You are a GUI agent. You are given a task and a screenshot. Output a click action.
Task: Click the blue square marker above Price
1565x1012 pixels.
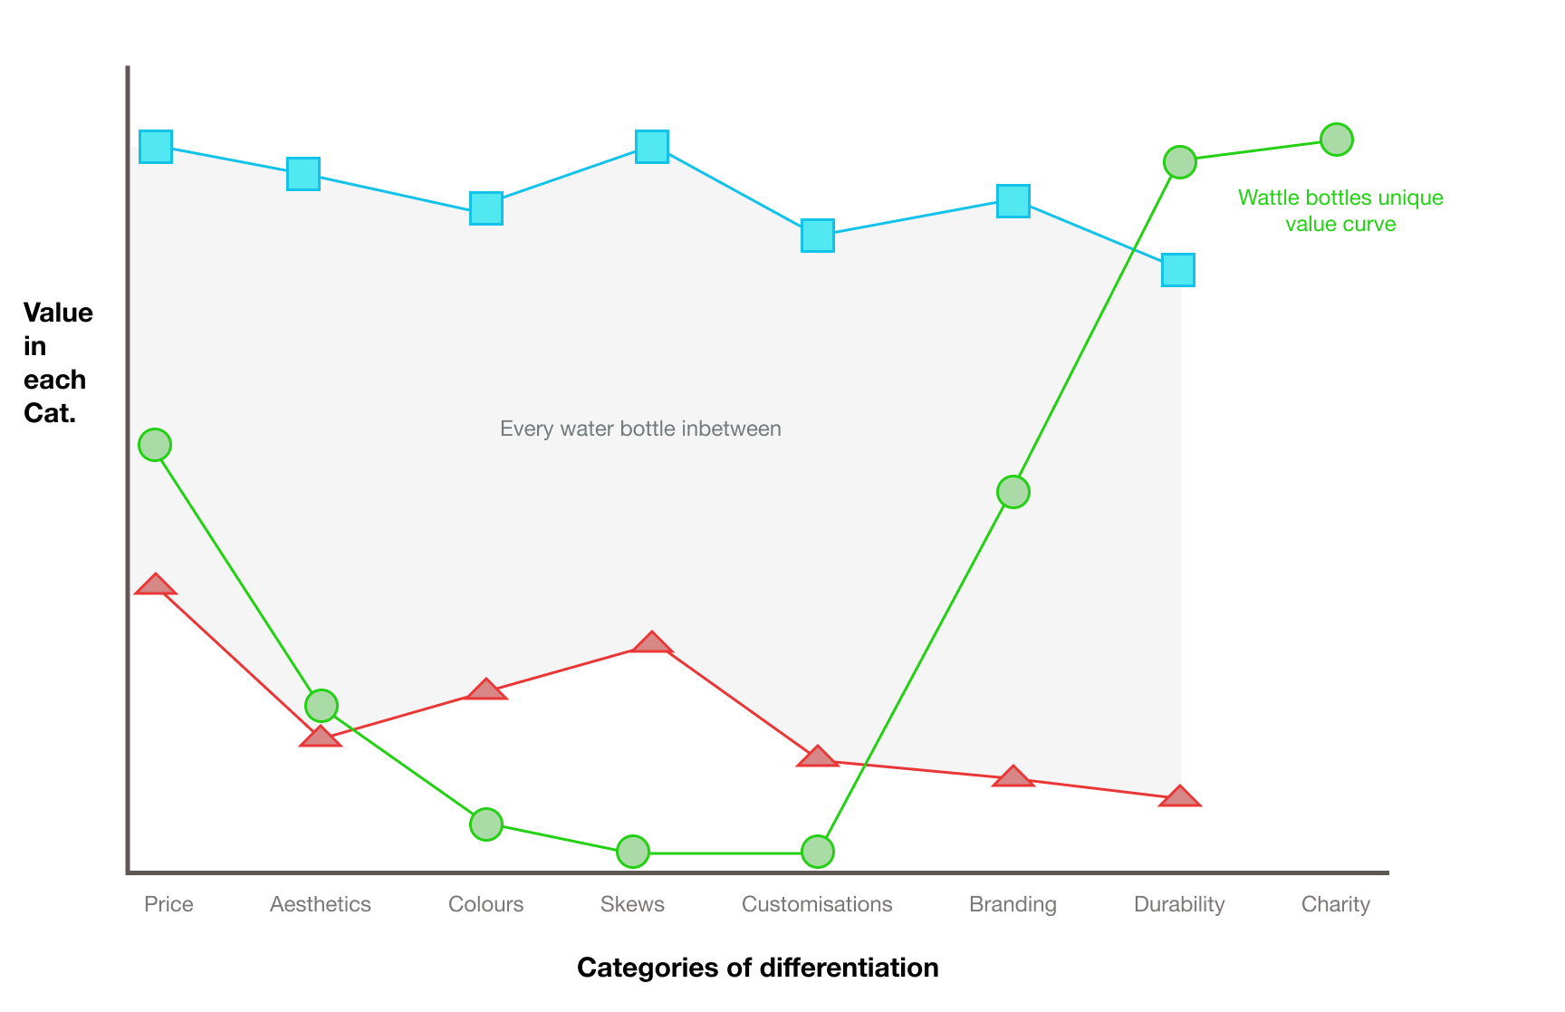(156, 146)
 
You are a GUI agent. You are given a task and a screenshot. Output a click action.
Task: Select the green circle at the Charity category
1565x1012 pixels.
(1337, 140)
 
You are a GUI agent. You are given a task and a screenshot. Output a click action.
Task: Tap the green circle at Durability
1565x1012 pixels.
(1179, 162)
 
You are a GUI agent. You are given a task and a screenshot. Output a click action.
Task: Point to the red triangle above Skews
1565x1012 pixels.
(652, 642)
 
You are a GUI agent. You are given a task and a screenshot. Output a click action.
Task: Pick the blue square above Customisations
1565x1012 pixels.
(818, 236)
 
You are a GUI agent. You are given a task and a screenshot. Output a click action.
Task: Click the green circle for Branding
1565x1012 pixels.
(1013, 492)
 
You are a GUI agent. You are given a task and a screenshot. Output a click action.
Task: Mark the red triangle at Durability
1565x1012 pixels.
(1180, 796)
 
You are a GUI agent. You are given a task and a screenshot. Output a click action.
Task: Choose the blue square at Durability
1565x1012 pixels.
(1178, 270)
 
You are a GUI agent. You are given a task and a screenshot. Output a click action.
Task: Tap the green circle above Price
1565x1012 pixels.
(155, 445)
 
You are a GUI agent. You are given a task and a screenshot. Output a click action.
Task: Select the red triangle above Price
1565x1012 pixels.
(156, 584)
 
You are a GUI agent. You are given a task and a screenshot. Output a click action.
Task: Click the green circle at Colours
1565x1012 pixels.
(486, 824)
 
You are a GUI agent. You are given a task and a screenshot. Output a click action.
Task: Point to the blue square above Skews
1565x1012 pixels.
(652, 146)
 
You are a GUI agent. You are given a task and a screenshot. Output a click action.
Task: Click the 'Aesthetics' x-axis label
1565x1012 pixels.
(321, 904)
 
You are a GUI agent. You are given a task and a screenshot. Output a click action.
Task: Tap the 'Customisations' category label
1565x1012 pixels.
(817, 904)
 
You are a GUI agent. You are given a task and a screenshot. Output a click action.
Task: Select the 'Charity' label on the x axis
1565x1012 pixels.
(1336, 904)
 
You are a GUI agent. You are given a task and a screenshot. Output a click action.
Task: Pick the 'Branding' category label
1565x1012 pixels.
(1013, 904)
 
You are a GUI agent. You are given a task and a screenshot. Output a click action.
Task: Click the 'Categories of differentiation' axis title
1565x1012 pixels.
(758, 968)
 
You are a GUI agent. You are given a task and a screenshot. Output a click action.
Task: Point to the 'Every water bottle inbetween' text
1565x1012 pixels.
(640, 429)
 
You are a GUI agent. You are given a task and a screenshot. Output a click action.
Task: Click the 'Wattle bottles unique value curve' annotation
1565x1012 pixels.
(1340, 210)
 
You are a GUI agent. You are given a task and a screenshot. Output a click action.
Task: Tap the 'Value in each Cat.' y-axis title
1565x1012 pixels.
(58, 362)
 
